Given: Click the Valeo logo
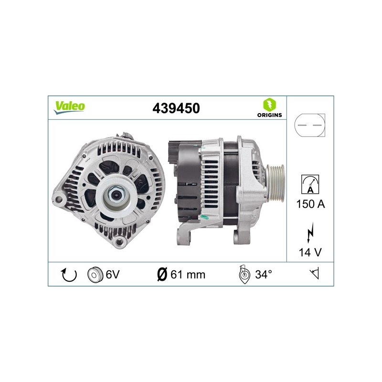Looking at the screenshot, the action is pyautogui.click(x=69, y=107).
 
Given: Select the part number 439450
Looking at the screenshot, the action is pyautogui.click(x=176, y=108).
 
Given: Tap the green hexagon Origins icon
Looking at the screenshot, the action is pyautogui.click(x=269, y=105).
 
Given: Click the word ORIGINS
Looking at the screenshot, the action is pyautogui.click(x=269, y=115).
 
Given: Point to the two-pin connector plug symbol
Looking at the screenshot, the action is pyautogui.click(x=309, y=125).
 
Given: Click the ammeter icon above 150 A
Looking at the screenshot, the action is pyautogui.click(x=310, y=184).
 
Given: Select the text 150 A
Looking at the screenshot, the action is pyautogui.click(x=311, y=204).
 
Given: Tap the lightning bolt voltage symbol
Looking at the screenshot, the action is pyautogui.click(x=310, y=233).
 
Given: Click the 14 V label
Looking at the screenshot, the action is pyautogui.click(x=310, y=252).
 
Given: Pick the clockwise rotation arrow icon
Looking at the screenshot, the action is pyautogui.click(x=69, y=275).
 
